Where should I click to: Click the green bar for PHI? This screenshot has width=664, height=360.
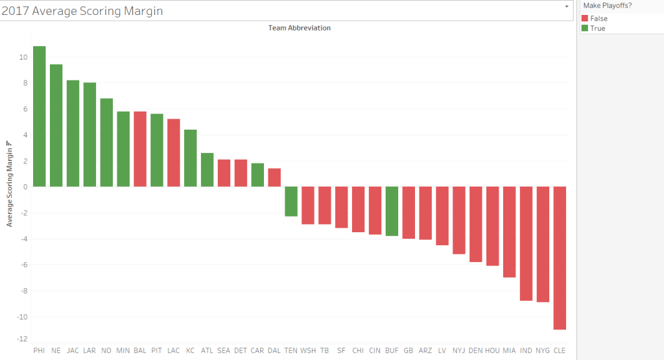pyautogui.click(x=40, y=117)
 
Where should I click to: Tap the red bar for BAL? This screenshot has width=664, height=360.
pyautogui.click(x=140, y=149)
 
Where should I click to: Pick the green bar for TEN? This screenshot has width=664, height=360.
pyautogui.click(x=291, y=201)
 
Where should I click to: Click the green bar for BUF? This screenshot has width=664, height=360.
pyautogui.click(x=392, y=211)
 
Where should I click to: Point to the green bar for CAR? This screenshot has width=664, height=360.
pyautogui.click(x=257, y=175)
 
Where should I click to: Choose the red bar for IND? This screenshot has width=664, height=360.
pyautogui.click(x=526, y=243)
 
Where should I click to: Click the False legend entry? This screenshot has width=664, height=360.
pyautogui.click(x=599, y=19)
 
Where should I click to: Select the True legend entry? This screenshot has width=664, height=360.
pyautogui.click(x=597, y=29)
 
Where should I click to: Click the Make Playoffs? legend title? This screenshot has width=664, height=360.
pyautogui.click(x=606, y=6)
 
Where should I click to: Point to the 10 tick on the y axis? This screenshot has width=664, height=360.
pyautogui.click(x=23, y=57)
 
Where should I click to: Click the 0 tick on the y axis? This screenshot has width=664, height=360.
pyautogui.click(x=25, y=187)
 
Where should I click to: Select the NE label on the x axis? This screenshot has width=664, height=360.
pyautogui.click(x=56, y=350)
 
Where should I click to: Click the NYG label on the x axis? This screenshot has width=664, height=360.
pyautogui.click(x=543, y=350)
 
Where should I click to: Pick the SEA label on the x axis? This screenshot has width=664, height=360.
pyautogui.click(x=224, y=350)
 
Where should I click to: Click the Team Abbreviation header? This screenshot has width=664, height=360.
pyautogui.click(x=299, y=29)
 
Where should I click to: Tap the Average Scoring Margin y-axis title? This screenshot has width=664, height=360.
pyautogui.click(x=10, y=184)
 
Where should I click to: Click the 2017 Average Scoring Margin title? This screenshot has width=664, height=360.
pyautogui.click(x=82, y=11)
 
